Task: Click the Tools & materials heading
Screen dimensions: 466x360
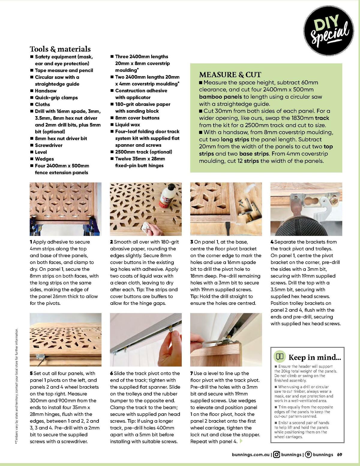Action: pos(60,49)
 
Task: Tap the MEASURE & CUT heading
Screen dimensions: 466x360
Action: pos(230,75)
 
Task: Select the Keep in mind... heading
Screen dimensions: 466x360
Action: pos(314,357)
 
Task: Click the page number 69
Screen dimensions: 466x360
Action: pos(339,454)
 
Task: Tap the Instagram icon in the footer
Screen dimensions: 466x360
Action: pos(277,454)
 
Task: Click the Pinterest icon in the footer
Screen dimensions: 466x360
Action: pos(308,454)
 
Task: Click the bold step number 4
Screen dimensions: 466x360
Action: pos(272,242)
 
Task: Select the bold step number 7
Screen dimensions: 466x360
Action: pos(192,373)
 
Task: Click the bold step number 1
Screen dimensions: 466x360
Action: pos(31,242)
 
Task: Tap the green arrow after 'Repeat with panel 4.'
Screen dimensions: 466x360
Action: pos(241,441)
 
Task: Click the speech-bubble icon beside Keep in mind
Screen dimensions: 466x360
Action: pos(280,356)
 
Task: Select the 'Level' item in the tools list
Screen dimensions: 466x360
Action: pos(41,152)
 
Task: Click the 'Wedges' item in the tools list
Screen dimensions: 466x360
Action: pos(44,159)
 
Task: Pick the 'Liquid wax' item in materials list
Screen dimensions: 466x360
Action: pos(127,125)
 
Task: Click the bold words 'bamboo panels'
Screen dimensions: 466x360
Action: pos(220,97)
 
